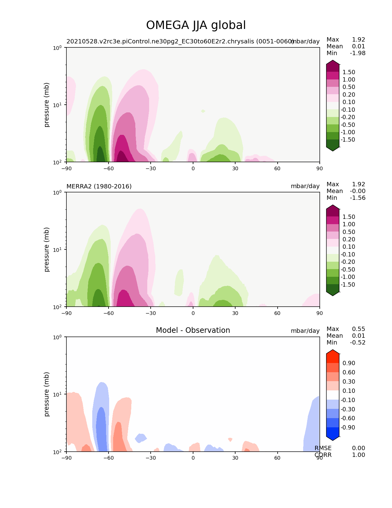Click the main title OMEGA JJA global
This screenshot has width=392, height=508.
(x=196, y=25)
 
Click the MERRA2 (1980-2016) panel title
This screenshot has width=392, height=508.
(x=99, y=186)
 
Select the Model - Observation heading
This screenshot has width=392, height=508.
(x=193, y=330)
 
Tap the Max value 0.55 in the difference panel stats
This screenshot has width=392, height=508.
(x=358, y=329)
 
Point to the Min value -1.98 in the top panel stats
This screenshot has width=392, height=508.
(x=358, y=53)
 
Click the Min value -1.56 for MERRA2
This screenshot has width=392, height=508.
(x=358, y=198)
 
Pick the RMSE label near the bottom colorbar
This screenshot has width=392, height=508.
(x=323, y=448)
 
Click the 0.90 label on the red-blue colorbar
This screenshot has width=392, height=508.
(x=349, y=363)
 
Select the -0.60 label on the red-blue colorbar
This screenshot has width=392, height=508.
(x=349, y=418)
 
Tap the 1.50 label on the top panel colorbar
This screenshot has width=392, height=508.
(x=349, y=72)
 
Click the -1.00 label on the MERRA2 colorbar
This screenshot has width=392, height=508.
(x=349, y=277)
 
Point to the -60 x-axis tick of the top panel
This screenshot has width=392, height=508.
(x=109, y=168)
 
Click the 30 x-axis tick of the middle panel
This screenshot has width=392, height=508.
(x=235, y=313)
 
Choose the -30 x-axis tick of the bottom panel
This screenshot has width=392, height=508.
(x=151, y=458)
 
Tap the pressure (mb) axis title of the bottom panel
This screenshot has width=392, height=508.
(x=47, y=394)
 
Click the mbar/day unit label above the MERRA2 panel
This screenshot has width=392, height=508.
(x=305, y=186)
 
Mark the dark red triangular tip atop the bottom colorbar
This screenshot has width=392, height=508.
(x=333, y=352)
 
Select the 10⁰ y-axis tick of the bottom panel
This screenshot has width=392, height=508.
(x=58, y=337)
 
